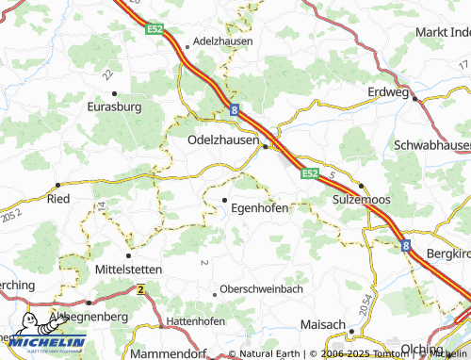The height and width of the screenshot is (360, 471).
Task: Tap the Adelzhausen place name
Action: [x=222, y=42]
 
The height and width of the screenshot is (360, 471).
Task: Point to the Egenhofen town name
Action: [x=259, y=208]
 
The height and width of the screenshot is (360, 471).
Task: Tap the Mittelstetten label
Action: [x=129, y=269]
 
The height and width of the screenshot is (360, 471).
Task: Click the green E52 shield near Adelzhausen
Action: [x=155, y=30]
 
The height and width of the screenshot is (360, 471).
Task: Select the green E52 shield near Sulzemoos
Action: [x=310, y=173]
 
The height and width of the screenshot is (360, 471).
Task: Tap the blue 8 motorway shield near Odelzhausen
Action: [x=233, y=111]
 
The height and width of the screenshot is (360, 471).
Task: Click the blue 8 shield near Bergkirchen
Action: [x=407, y=245]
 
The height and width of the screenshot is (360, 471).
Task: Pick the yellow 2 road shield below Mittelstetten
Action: [x=140, y=288]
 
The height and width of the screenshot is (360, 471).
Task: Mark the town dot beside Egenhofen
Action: [x=224, y=200]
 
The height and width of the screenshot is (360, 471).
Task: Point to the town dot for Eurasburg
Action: [x=114, y=93]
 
